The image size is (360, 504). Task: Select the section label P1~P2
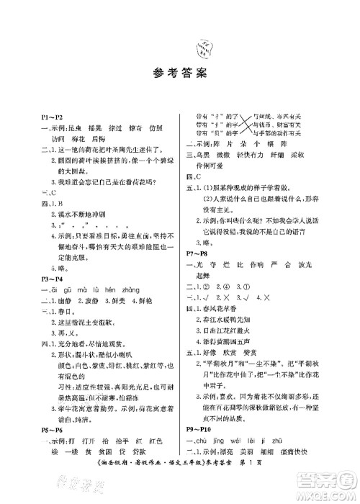53,116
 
